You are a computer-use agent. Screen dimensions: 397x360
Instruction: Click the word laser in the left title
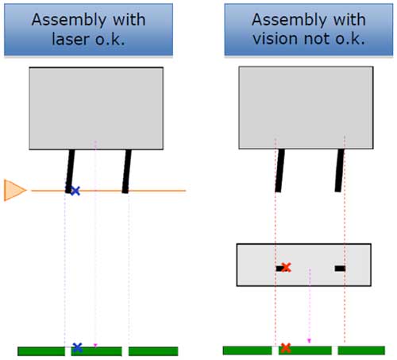[70, 39]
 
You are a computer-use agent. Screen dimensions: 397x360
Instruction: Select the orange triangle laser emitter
[15, 190]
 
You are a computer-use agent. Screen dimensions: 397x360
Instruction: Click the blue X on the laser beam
[75, 191]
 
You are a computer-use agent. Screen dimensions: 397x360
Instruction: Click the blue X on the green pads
[77, 347]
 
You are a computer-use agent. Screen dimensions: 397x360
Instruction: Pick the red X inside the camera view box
[286, 268]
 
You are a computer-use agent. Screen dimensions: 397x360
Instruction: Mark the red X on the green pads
[286, 348]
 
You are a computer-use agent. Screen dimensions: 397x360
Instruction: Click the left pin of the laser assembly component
[70, 171]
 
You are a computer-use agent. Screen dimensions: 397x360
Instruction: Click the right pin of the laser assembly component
[127, 171]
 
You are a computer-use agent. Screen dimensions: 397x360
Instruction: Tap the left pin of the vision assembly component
[279, 170]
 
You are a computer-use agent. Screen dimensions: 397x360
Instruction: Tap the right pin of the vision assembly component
[340, 170]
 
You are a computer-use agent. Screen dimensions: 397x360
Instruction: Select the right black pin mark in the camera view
[340, 269]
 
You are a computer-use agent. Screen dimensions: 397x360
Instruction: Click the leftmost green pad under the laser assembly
[41, 351]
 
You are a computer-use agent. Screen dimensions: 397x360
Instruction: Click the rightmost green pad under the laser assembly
[153, 351]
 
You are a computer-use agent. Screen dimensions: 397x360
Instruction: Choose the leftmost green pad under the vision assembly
[247, 350]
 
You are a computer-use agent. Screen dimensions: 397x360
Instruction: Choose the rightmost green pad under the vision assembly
[361, 350]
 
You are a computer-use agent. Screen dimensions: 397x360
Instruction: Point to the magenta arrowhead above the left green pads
[95, 345]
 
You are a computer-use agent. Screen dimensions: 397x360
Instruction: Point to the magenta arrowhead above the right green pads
[309, 341]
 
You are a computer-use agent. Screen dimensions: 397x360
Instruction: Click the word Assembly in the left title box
[68, 20]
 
